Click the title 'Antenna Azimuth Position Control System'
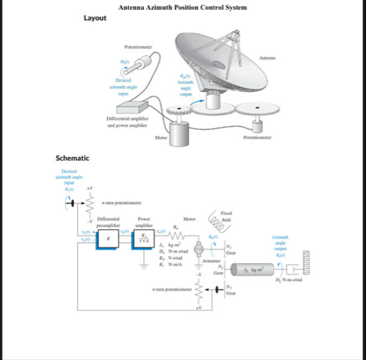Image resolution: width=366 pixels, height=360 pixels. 182,7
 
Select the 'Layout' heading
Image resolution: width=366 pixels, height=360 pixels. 95,18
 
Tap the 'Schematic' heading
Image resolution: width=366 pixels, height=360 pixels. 72,158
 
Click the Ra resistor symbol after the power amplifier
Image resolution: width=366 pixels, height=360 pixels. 177,235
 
